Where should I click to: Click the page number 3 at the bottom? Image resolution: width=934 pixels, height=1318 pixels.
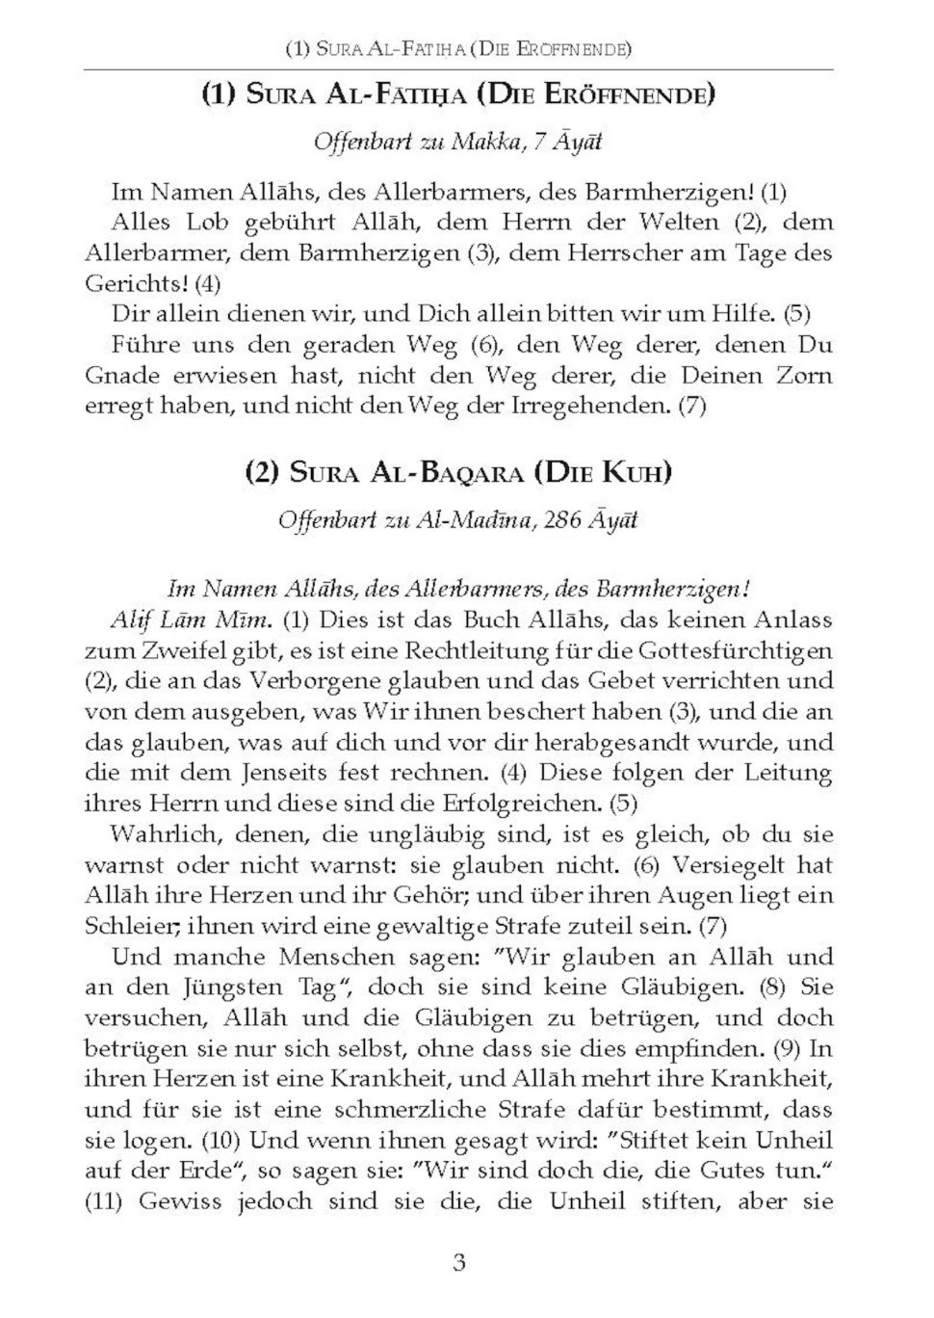coord(459,1263)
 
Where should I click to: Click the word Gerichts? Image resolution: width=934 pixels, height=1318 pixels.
coord(135,284)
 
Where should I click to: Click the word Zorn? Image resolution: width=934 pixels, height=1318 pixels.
coord(804,375)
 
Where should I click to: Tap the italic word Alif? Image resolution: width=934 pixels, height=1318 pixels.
coord(130,618)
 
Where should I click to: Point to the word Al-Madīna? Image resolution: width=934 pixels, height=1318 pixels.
coord(474,520)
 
